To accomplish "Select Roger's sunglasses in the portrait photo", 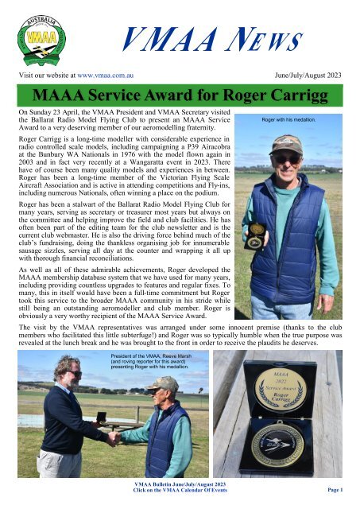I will [286, 157].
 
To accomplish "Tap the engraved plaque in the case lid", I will [294, 389].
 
